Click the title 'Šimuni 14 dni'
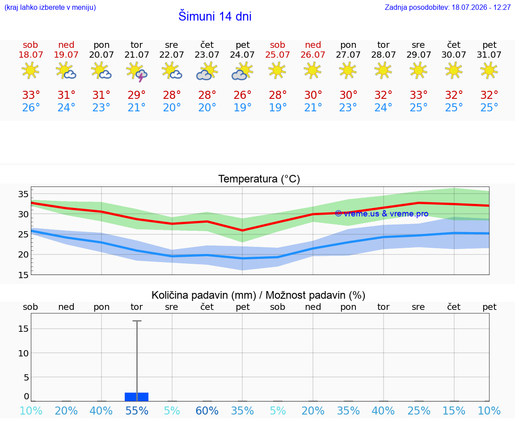pos(215,16)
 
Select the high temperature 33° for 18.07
pos(31,95)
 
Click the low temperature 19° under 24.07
pos(242,107)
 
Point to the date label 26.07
pos(312,55)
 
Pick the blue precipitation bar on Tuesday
pos(137,397)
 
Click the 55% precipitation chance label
pos(137,411)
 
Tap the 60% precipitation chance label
pos(207,411)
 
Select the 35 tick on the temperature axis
pos(23,194)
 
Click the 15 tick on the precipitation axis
pos(23,329)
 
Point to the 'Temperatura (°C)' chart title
pos(259,179)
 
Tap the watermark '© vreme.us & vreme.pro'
pos(382,214)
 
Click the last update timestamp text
pos(447,7)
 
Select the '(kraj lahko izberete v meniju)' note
pos(50,7)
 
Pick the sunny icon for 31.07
pos(489,71)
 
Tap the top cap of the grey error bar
pos(137,321)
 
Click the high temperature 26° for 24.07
pos(242,95)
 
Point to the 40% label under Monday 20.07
pos(101,411)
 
